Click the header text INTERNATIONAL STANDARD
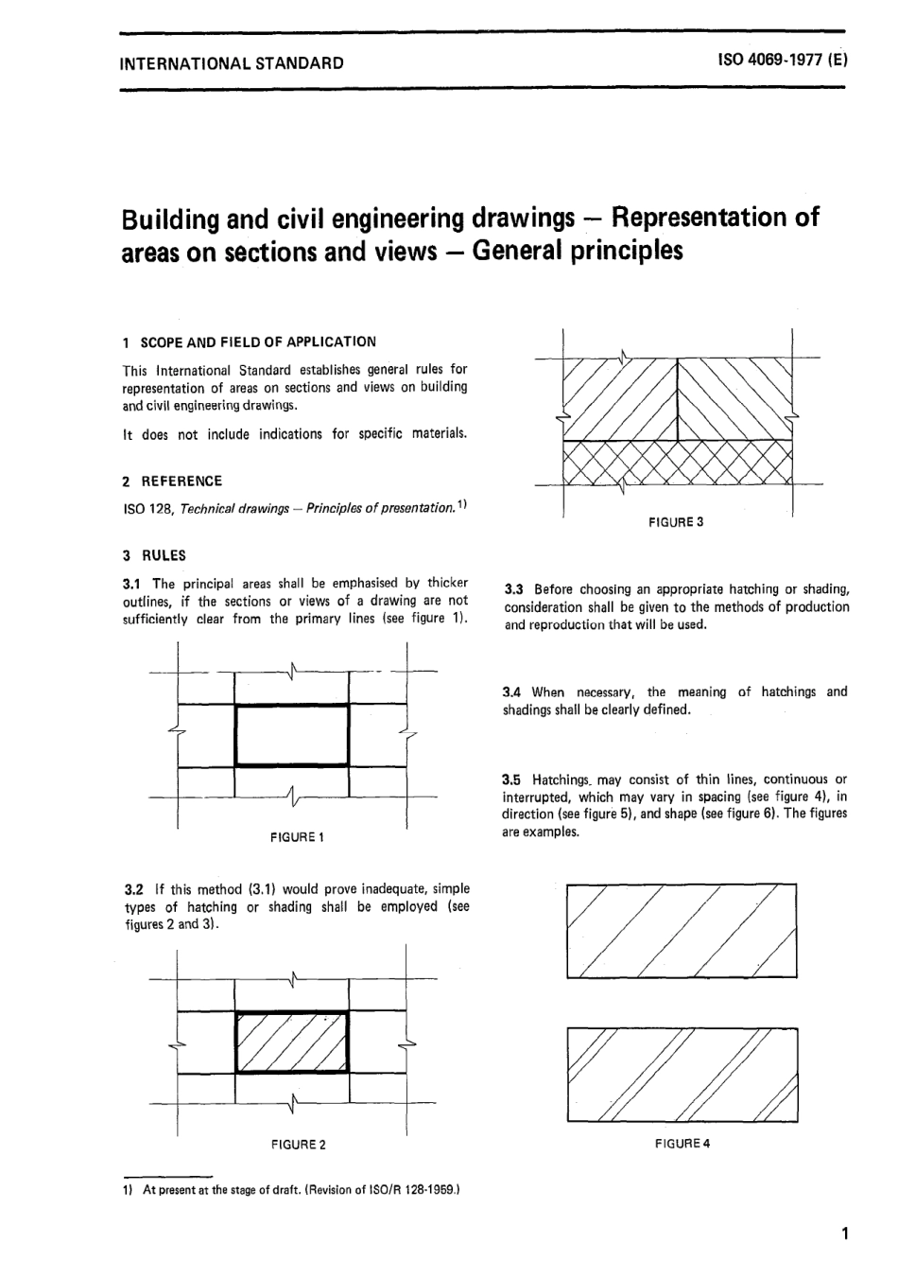tap(227, 64)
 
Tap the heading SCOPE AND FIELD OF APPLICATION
tap(257, 342)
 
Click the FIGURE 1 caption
tap(298, 837)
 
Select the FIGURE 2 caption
tap(298, 1145)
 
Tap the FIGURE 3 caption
tap(676, 521)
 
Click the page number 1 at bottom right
tap(844, 1233)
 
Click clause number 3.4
tap(513, 692)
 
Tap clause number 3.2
tap(134, 889)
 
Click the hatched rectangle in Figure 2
tap(291, 1042)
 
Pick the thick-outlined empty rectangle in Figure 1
tap(291, 735)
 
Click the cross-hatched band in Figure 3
tap(676, 463)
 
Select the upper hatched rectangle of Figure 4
tap(681, 930)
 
